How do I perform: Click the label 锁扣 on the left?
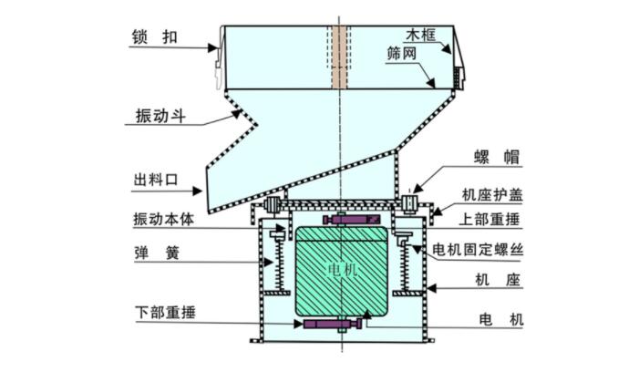(149, 37)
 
